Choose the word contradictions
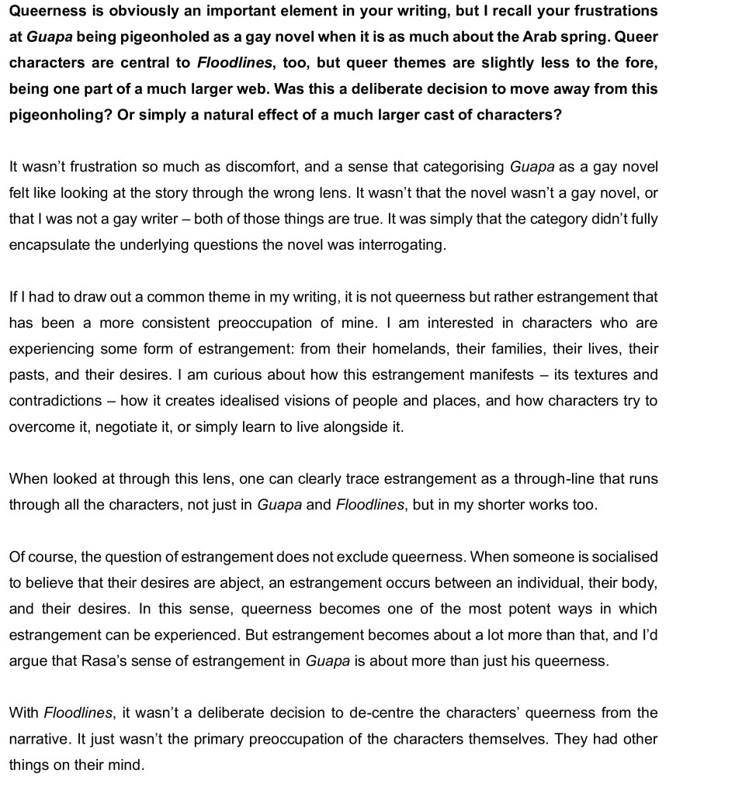coord(55,401)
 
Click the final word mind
coord(129,765)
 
